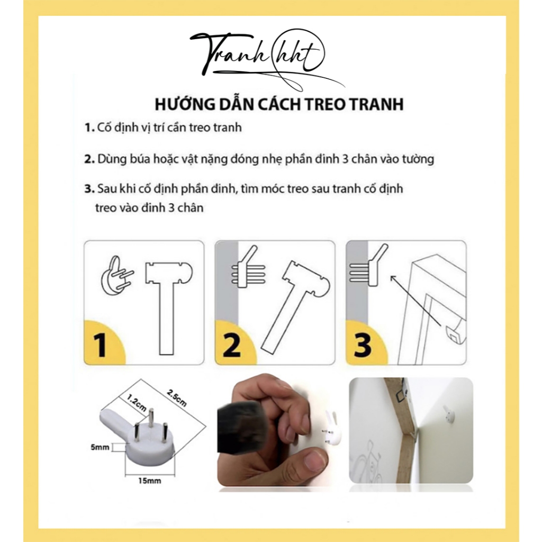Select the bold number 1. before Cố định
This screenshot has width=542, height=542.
coord(89,128)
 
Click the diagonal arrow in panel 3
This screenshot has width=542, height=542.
coord(415,301)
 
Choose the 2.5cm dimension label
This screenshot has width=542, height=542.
coord(176,398)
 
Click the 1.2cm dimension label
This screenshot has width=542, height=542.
coord(136,402)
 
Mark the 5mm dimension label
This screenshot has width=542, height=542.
coord(100,447)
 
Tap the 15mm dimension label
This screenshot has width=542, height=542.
coord(149,481)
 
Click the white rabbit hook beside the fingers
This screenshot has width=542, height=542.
coord(331,428)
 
